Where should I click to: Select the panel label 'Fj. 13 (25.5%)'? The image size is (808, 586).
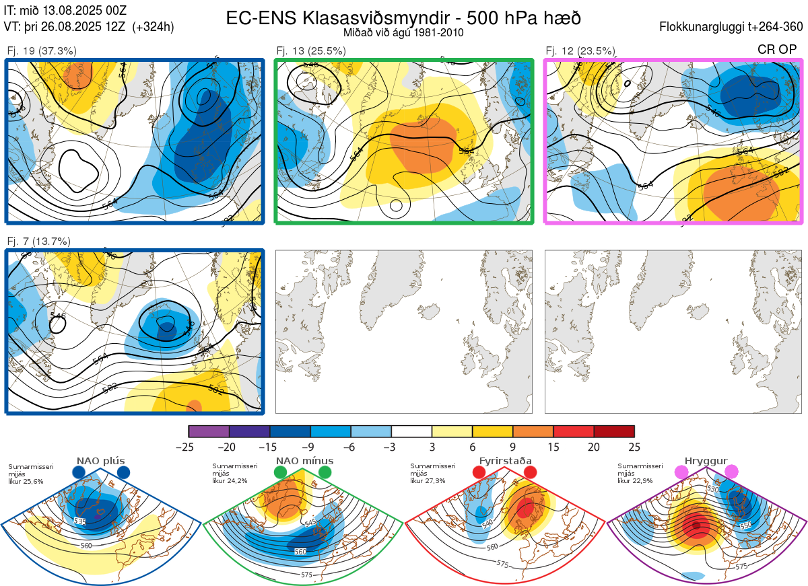(311, 50)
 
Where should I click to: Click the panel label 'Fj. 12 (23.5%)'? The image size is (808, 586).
(580, 50)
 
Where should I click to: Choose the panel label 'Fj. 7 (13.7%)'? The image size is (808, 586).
(38, 241)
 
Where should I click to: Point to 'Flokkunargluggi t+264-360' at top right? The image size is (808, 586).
(733, 27)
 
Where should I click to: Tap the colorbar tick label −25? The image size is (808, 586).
(189, 447)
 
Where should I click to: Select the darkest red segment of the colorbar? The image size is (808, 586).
(614, 432)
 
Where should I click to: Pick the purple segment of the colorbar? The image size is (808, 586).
(209, 432)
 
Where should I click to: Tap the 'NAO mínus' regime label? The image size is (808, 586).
(304, 461)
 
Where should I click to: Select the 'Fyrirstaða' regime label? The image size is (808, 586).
(504, 461)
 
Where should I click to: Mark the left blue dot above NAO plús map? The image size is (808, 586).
(79, 473)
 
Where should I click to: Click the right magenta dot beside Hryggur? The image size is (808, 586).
(731, 472)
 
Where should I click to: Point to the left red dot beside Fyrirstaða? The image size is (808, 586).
(479, 472)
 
